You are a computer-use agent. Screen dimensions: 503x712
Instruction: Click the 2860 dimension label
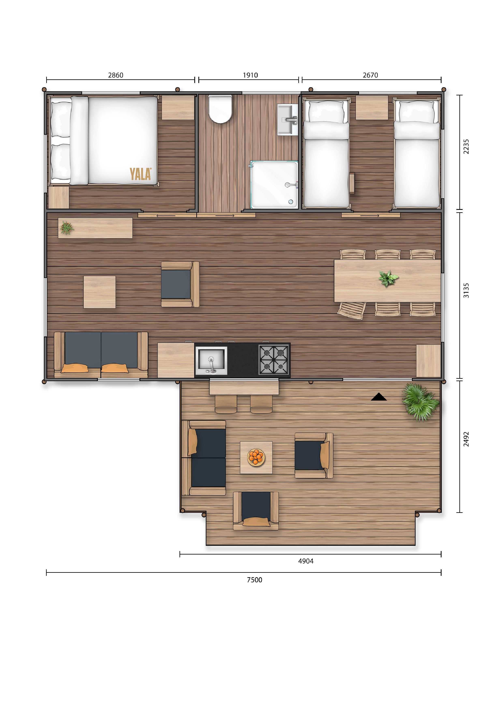116,75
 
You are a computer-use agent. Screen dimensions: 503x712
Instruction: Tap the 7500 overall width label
255,580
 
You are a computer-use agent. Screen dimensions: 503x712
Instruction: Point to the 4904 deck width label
306,561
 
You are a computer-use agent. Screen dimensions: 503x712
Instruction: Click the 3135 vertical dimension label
466,291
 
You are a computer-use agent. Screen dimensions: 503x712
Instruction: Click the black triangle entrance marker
379,397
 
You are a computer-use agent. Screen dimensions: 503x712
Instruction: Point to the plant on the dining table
388,278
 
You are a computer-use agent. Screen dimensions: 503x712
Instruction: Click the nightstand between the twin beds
372,108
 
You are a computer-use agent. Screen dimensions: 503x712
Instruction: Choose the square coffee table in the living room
99,292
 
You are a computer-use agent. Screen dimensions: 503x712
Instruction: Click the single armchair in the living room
180,284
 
